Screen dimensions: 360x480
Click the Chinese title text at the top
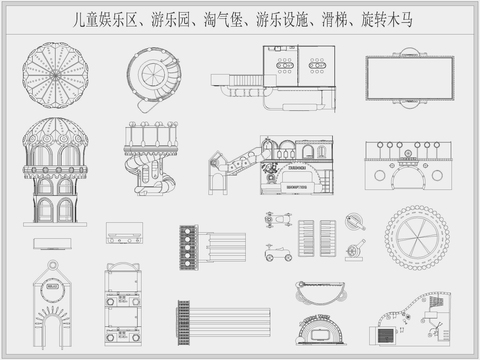point(239,18)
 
